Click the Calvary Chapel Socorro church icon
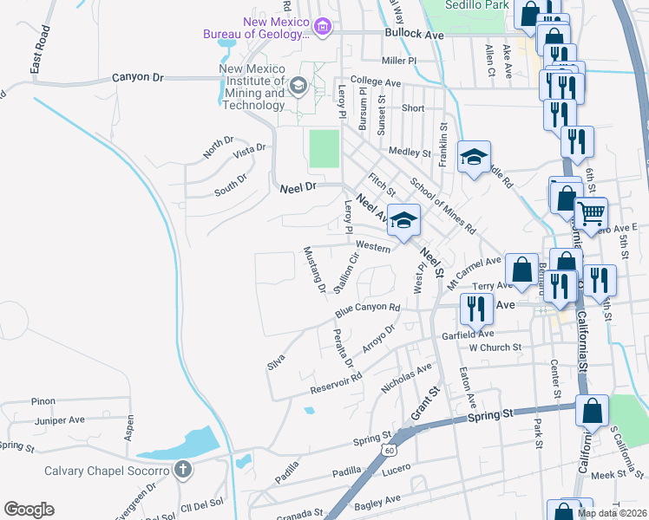(x=183, y=470)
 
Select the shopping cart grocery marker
(x=591, y=212)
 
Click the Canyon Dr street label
(x=138, y=78)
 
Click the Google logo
(x=29, y=510)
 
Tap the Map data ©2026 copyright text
(x=611, y=513)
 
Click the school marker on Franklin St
(x=474, y=157)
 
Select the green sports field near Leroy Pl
(x=323, y=148)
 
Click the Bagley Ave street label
(x=375, y=500)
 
